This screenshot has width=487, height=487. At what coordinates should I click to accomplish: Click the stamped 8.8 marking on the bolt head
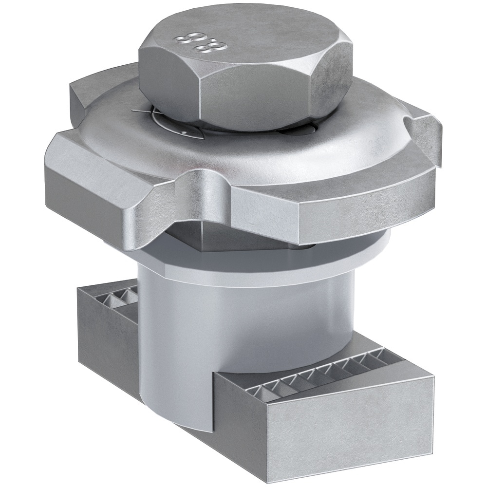click(x=191, y=42)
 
